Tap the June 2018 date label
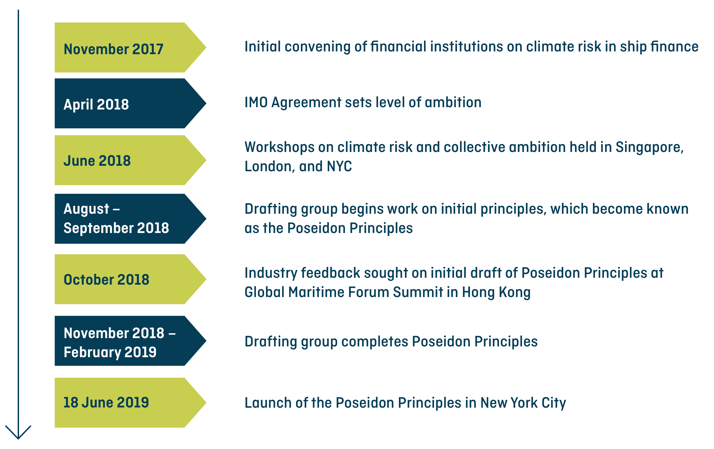tap(97, 161)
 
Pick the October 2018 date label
tap(107, 279)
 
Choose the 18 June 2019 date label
tap(106, 402)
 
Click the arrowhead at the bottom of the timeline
tap(18, 433)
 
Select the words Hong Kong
tap(496, 292)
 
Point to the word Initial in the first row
tap(263, 47)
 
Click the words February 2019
tap(110, 352)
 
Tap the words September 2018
tap(116, 228)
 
